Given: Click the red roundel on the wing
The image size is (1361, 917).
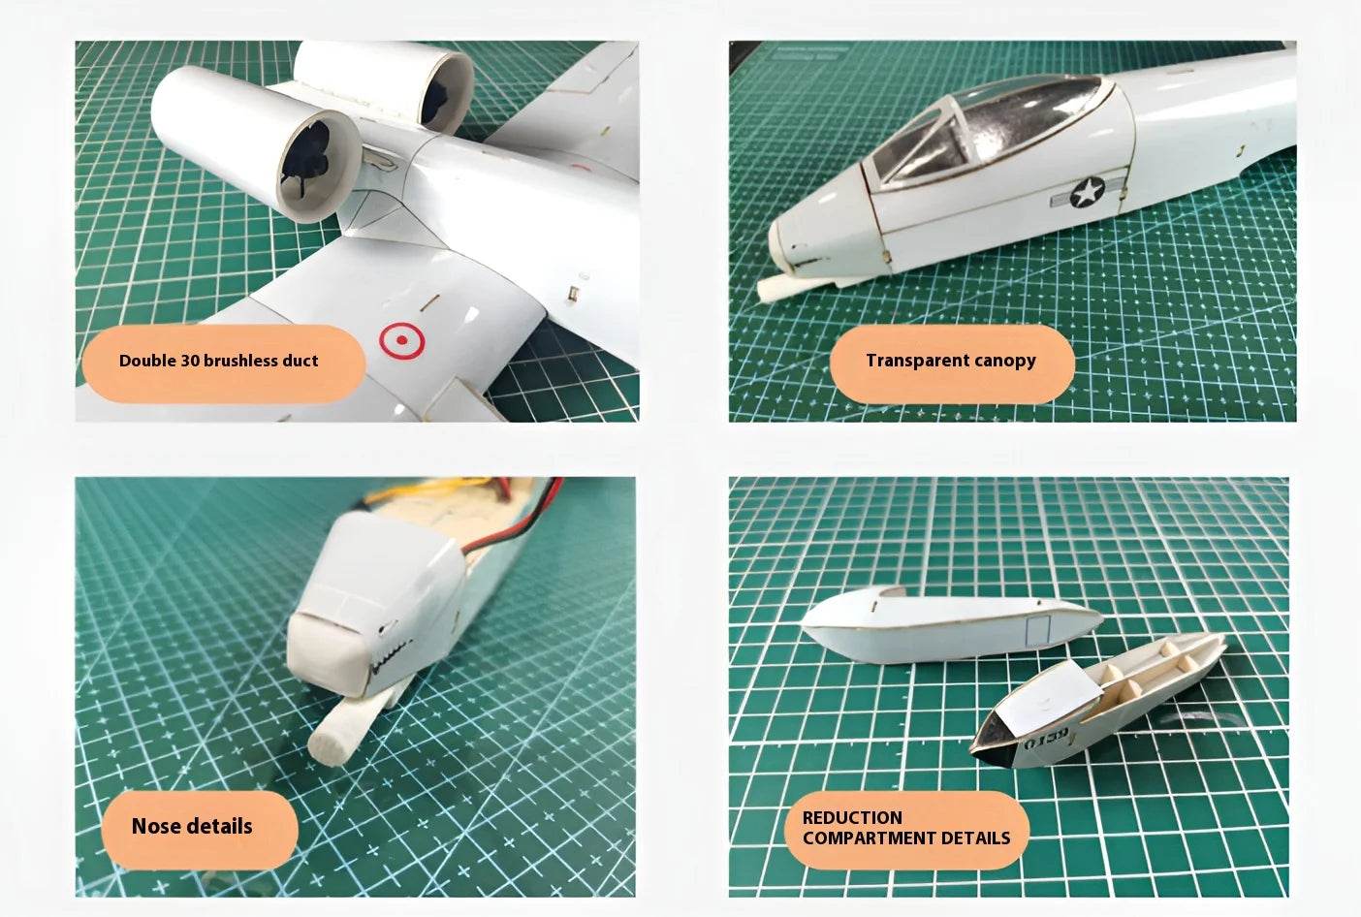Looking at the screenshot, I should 402,339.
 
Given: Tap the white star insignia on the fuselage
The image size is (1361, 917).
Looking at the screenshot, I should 1088,193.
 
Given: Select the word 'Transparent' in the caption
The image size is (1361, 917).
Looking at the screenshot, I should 917,361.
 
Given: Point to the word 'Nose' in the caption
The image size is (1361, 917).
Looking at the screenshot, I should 156,827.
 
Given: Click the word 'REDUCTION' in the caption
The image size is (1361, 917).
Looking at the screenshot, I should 852,817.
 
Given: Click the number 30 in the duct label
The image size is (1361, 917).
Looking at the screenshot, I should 190,361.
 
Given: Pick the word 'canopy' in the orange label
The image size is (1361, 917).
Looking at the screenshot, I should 1004,361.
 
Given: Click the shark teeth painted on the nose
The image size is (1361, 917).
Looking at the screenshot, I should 389,649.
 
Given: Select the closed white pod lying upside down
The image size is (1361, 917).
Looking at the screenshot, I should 945,625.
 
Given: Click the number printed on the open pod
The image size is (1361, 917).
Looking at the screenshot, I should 1047,739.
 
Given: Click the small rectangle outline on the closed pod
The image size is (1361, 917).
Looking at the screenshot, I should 1038,630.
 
